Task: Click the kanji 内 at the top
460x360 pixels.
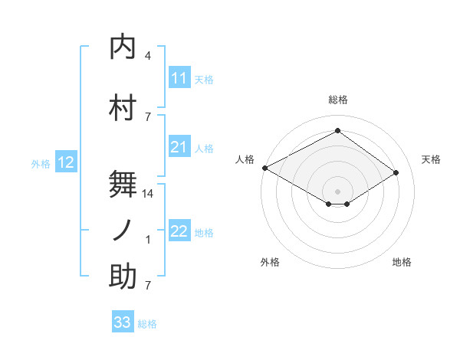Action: [x=123, y=47]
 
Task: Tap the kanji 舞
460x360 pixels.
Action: [x=123, y=184]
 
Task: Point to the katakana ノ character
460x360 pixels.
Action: [x=123, y=230]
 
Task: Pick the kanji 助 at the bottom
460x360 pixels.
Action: [x=123, y=277]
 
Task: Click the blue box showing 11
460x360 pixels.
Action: [x=179, y=78]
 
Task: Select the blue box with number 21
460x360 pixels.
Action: [x=179, y=147]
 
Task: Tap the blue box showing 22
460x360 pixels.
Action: [x=179, y=231]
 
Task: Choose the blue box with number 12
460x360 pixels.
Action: [x=66, y=162]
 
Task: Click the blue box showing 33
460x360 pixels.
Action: [x=123, y=322]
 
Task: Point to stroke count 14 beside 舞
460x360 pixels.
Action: [x=148, y=194]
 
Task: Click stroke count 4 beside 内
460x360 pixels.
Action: [x=147, y=56]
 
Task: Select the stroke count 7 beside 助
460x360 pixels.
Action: [x=147, y=286]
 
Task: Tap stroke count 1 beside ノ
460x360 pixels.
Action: [x=147, y=240]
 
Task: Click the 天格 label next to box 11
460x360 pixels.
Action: [x=204, y=79]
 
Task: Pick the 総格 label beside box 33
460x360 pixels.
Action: [x=147, y=323]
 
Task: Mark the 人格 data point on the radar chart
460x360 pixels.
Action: [x=264, y=168]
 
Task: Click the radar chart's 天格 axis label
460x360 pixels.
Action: [x=431, y=159]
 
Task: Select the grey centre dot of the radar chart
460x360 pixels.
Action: [x=337, y=190]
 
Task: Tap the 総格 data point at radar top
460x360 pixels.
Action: [x=337, y=131]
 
